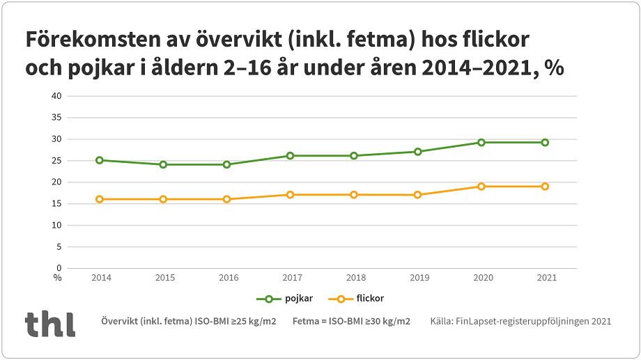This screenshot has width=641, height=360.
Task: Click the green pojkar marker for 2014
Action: tap(100, 160)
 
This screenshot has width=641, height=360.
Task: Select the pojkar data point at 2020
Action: tap(481, 142)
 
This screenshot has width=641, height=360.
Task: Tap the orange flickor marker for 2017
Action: tap(291, 194)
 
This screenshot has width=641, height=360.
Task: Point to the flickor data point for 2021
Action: tap(545, 186)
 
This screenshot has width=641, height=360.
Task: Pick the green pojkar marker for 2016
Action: tap(226, 164)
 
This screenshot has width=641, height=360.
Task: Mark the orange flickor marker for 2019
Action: tap(418, 194)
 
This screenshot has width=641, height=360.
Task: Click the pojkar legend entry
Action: tap(285, 298)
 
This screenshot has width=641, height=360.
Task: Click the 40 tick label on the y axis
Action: tap(57, 96)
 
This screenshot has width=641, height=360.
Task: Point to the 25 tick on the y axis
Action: tap(57, 161)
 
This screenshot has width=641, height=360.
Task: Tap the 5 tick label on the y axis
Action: tap(59, 246)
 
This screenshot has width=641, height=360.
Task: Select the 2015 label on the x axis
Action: tap(165, 278)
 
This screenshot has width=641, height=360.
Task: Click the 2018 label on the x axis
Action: tap(356, 278)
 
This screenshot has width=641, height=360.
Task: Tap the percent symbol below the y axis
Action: tap(57, 277)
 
